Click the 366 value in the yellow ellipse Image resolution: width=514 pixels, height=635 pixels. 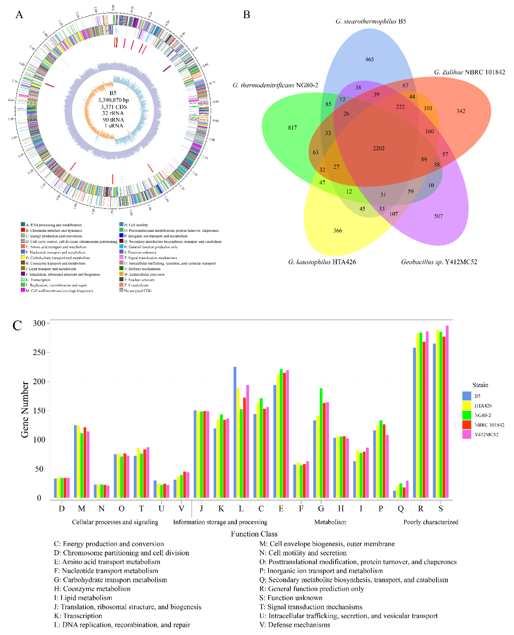point(338,231)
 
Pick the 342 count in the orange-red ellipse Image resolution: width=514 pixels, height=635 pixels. point(461,111)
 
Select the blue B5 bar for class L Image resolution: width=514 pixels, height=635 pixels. point(235,433)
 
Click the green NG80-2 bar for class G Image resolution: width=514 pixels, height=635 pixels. point(321,443)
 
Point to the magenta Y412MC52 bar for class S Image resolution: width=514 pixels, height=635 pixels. point(447,412)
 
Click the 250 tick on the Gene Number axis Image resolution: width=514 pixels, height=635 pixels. point(39,352)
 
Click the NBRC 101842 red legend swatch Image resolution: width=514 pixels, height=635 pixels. point(467,425)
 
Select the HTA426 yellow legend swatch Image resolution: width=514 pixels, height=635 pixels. point(467,405)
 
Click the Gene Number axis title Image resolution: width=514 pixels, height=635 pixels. point(25,409)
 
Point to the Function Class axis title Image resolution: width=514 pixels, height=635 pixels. point(254,534)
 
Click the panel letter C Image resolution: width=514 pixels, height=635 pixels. point(17,325)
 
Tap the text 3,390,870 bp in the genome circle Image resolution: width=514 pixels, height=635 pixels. point(113,100)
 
